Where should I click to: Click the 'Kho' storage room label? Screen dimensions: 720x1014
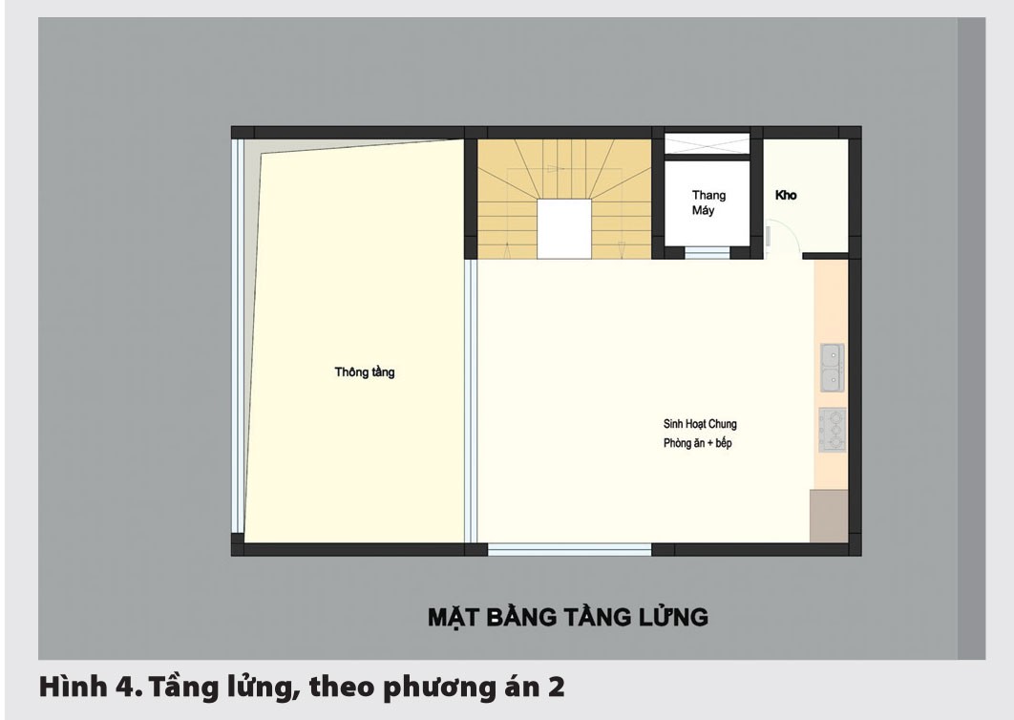[786, 196]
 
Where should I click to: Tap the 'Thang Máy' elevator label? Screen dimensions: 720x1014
[708, 203]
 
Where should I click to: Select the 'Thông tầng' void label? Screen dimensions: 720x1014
[364, 372]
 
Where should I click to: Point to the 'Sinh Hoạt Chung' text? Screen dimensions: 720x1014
[700, 424]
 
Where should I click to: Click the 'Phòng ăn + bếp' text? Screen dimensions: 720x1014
[697, 444]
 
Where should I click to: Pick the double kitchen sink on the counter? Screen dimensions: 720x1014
[831, 369]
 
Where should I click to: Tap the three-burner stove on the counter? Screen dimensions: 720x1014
[832, 430]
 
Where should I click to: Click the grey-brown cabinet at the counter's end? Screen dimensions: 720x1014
[828, 516]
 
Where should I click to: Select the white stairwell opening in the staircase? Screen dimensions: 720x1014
[565, 229]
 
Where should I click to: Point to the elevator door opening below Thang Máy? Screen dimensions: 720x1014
[707, 253]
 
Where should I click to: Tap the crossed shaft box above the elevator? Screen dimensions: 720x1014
[708, 144]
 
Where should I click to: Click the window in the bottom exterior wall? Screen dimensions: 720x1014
[570, 549]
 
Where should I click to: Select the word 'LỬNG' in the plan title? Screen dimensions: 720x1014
[670, 617]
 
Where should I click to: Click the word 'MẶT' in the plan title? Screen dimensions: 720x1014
[453, 617]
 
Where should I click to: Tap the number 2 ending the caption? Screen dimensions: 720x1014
[555, 688]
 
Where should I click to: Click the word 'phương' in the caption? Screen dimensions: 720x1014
[427, 688]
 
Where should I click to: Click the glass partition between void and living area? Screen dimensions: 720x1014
[470, 401]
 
